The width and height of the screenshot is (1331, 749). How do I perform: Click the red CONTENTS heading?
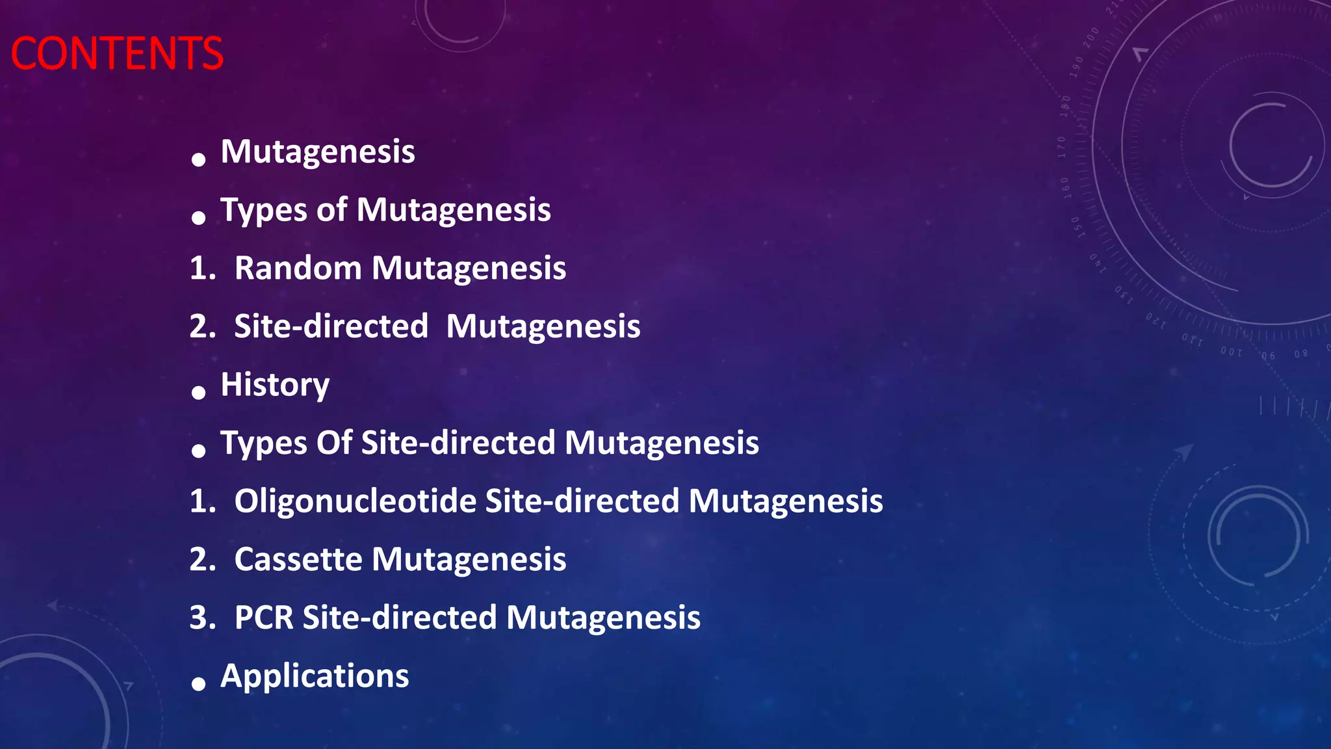pos(117,53)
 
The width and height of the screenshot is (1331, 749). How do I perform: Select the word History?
pos(275,385)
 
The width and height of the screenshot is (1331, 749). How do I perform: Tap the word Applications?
pos(315,676)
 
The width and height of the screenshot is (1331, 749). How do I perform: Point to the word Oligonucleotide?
pos(355,501)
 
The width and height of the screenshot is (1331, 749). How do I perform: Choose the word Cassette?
pos(298,559)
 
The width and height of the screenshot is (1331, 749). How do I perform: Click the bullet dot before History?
pos(199,392)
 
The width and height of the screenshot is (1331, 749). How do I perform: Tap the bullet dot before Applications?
pos(199,683)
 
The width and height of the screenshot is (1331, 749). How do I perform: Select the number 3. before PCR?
pos(202,618)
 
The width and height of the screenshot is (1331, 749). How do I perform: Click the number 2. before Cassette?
pos(202,559)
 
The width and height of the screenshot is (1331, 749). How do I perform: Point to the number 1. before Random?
pos(202,268)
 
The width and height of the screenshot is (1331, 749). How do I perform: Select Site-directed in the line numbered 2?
pos(331,326)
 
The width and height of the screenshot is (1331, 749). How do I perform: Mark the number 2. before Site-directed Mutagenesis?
pos(202,326)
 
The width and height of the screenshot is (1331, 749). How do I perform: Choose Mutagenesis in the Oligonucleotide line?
pos(785,501)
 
